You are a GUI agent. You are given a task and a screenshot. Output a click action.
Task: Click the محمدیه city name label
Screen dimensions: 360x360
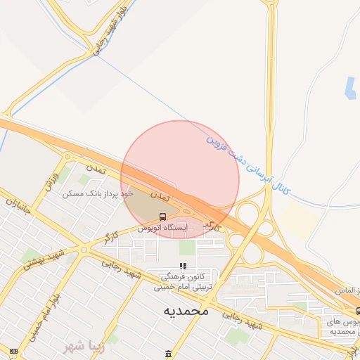[186, 309]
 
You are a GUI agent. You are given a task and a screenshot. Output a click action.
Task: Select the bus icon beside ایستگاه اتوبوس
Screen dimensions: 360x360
[162, 216]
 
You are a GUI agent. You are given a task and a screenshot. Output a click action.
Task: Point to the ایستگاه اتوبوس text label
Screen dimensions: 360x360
[162, 228]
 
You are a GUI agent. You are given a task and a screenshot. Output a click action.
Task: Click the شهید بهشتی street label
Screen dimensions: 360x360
[45, 259]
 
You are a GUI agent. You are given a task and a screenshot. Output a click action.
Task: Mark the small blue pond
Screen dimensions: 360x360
[350, 87]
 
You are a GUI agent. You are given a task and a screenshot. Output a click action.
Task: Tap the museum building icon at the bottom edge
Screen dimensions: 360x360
[168, 353]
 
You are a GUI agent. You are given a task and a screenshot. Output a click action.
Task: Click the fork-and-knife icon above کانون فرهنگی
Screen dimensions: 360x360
[183, 266]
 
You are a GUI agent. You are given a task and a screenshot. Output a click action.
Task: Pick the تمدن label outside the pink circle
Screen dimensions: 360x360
[94, 169]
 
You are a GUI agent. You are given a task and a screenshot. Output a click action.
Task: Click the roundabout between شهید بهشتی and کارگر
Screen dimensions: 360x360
[84, 249]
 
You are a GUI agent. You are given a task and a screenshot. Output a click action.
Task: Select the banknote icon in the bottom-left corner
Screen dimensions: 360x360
[14, 350]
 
